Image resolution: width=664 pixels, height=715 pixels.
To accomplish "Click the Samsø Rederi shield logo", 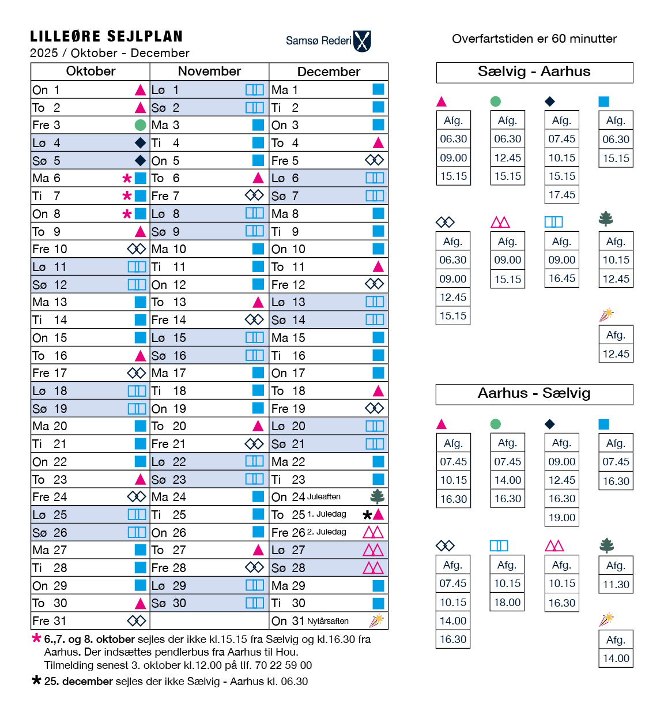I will pyautogui.click(x=362, y=41).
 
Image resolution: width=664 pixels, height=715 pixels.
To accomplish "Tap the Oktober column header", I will pyautogui.click(x=90, y=71).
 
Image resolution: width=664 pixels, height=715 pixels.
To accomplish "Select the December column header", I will pyautogui.click(x=329, y=71).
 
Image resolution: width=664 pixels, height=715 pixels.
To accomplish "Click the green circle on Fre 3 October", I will pyautogui.click(x=140, y=125).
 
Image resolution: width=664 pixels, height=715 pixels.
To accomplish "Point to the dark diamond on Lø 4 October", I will pyautogui.click(x=140, y=142).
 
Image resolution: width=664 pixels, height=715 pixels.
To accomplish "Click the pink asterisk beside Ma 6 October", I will pyautogui.click(x=127, y=178).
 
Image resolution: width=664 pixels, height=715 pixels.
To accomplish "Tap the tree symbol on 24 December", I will pyautogui.click(x=378, y=496).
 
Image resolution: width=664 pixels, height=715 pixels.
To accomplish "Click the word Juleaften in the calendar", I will pyautogui.click(x=323, y=496).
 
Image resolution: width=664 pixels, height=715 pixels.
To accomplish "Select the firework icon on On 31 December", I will pyautogui.click(x=376, y=620).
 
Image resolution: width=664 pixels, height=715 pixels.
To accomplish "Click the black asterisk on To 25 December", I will pyautogui.click(x=367, y=515).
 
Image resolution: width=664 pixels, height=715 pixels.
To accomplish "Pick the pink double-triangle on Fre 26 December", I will pyautogui.click(x=373, y=532).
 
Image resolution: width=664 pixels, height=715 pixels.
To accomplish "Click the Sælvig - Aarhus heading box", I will pyautogui.click(x=534, y=72).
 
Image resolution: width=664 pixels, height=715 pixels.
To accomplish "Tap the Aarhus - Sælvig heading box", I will pyautogui.click(x=534, y=394).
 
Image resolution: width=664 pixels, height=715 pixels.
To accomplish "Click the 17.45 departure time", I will pyautogui.click(x=562, y=195).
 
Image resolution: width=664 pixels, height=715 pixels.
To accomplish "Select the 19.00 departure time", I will pyautogui.click(x=562, y=517).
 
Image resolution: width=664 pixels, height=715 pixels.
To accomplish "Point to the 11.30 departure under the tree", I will pyautogui.click(x=616, y=585).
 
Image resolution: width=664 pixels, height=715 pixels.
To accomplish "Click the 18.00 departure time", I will pyautogui.click(x=507, y=602).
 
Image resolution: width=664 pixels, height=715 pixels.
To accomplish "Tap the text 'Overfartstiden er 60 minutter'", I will pyautogui.click(x=534, y=39).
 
